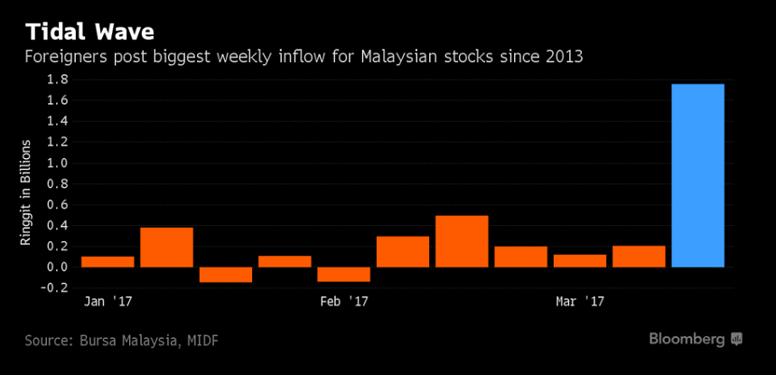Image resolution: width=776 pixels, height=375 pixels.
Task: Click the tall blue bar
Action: [x=697, y=175]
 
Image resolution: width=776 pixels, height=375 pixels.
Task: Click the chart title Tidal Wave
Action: [x=89, y=32]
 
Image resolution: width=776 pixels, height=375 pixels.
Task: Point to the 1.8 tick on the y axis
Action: [x=58, y=80]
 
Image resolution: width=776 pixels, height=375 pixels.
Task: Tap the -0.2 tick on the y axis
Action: [x=55, y=288]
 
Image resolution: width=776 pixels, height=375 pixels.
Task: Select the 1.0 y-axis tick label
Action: [x=58, y=164]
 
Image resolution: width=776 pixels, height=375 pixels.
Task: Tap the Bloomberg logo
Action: [x=696, y=339]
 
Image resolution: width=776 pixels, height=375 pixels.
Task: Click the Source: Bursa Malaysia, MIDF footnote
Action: [x=122, y=341]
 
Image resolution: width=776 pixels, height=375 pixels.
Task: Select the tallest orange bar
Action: [x=462, y=241]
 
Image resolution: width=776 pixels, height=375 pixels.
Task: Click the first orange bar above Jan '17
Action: [x=108, y=261]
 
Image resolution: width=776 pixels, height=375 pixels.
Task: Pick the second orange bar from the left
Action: [x=166, y=247]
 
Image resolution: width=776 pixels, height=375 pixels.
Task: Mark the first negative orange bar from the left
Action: [x=226, y=275]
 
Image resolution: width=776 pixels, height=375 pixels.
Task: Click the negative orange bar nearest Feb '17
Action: [x=343, y=274]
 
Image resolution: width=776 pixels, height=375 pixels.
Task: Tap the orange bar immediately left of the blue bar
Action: [x=639, y=257]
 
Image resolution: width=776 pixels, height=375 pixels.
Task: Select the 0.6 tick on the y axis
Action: [x=58, y=205]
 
